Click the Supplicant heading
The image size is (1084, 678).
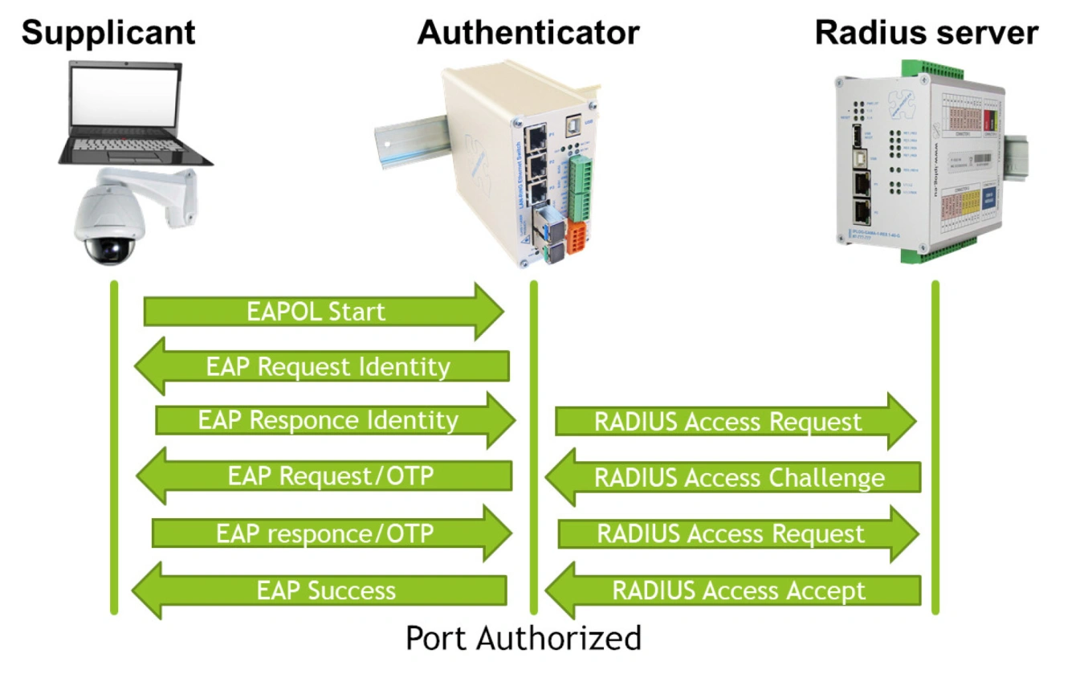(x=108, y=33)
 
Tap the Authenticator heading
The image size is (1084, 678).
(x=528, y=33)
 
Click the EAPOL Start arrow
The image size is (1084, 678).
(x=321, y=312)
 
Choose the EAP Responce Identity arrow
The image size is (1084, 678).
(x=333, y=420)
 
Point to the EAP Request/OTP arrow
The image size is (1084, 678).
(x=325, y=476)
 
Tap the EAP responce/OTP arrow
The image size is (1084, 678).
(x=329, y=533)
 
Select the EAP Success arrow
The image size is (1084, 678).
(x=321, y=591)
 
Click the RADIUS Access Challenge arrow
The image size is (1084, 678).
(x=735, y=478)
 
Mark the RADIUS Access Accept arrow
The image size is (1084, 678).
(x=735, y=591)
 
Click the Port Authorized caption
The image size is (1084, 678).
(x=524, y=638)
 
